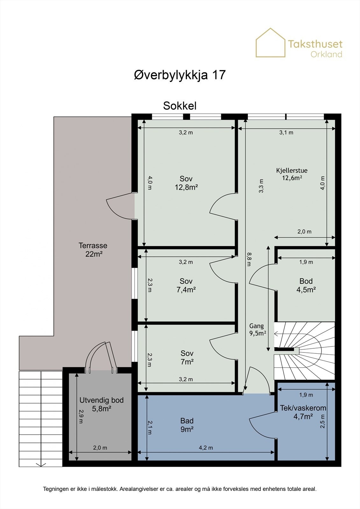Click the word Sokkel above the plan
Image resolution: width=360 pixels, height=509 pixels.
pos(180,106)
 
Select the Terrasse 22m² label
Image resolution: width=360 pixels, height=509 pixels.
pos(93,249)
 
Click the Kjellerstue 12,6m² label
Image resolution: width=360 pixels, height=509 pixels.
pos(292,174)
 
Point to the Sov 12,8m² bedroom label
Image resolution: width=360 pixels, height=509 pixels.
pos(186,183)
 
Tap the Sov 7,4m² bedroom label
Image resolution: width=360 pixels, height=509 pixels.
pos(186,285)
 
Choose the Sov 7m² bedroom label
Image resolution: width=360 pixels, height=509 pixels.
pos(187,357)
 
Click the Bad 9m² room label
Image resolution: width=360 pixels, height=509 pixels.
pos(187,425)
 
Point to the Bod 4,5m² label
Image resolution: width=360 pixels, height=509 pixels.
pos(306,285)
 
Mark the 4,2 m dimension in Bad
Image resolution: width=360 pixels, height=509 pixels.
pos(206,448)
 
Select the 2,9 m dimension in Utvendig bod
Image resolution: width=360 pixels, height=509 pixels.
pos(81,416)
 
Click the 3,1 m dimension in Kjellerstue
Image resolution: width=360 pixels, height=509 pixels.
pos(286,132)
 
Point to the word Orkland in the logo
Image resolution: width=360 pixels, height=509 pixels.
pos(326,54)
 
